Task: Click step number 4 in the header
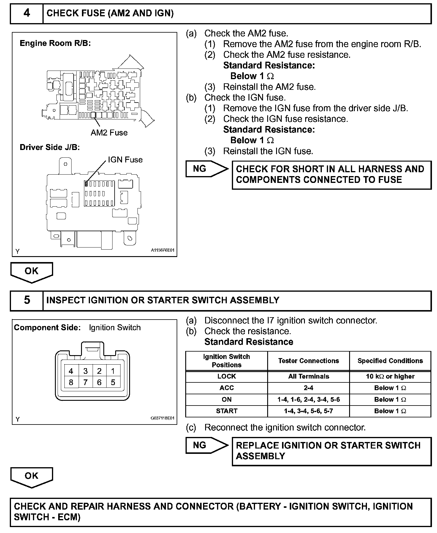click(27, 13)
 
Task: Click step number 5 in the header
click(27, 300)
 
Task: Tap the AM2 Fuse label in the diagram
click(109, 133)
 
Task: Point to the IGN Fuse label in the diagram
click(125, 160)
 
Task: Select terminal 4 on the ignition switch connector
click(71, 371)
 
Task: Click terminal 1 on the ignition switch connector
click(113, 371)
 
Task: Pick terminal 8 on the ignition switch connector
click(71, 382)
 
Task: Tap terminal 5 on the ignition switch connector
click(113, 382)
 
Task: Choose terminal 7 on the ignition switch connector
click(85, 382)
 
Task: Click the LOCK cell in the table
click(227, 376)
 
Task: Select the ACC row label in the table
click(227, 388)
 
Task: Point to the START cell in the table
click(227, 411)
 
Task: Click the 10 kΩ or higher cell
click(390, 376)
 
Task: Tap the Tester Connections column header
click(308, 361)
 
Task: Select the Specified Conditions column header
click(390, 361)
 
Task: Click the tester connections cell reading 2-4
click(308, 388)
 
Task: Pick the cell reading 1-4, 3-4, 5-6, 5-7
click(308, 411)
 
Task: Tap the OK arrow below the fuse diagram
click(31, 272)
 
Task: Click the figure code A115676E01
click(163, 250)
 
